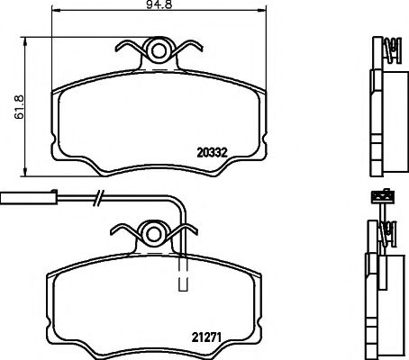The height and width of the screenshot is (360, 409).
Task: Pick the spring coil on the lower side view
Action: (x=390, y=236)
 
